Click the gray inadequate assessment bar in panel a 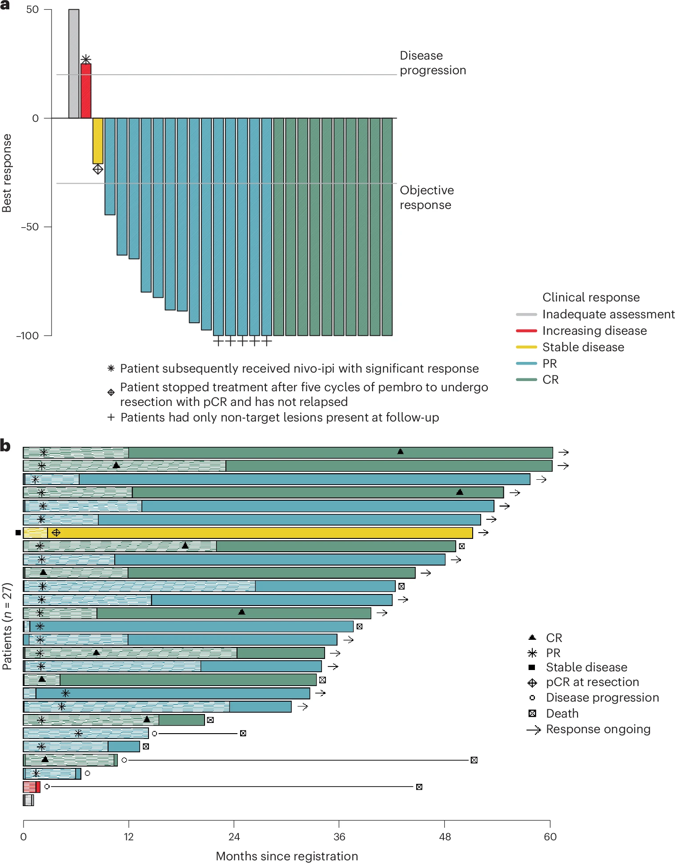click(x=74, y=64)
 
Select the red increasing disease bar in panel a click(x=86, y=91)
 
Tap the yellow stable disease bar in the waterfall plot click(x=98, y=140)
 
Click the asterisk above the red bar click(x=86, y=59)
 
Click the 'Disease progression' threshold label click(x=432, y=63)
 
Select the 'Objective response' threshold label click(x=426, y=197)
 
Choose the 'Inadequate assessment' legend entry click(x=608, y=314)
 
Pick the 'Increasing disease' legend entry click(x=594, y=331)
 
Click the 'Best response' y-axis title click(x=7, y=173)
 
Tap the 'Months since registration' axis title click(x=287, y=856)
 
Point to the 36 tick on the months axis click(x=339, y=836)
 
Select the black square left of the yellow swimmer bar click(x=18, y=533)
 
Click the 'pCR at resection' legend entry click(x=592, y=682)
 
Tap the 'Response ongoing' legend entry click(x=598, y=729)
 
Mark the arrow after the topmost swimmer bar click(x=563, y=452)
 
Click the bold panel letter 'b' click(x=5, y=446)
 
